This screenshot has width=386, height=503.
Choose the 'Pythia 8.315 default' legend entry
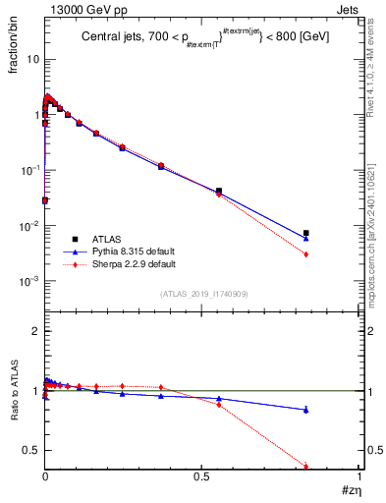pos(130,251)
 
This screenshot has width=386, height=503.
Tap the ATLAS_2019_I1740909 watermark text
pos(202,293)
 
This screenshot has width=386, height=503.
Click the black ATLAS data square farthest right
pos(306,233)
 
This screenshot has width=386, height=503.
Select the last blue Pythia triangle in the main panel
pos(306,239)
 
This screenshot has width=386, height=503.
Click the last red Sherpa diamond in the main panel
pos(306,254)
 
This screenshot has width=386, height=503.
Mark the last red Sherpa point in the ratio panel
pos(306,467)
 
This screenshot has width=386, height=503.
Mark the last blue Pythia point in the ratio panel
pos(306,410)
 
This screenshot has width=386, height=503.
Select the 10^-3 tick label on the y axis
pos(29,281)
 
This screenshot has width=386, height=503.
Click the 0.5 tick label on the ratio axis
pos(32,451)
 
